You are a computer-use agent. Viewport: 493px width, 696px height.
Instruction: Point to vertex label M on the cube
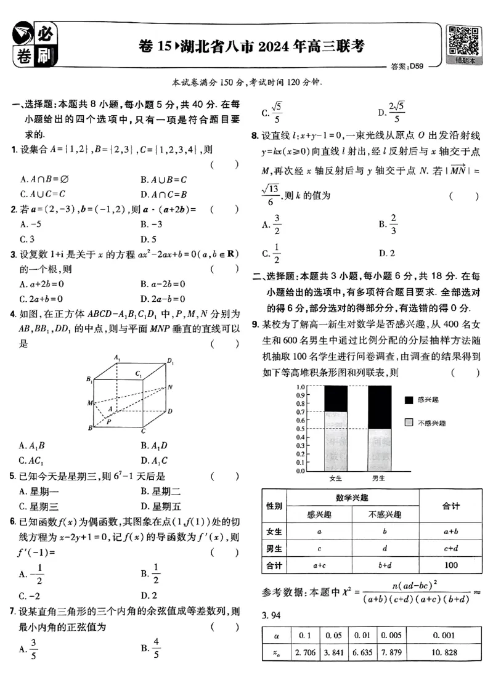pos(89,403)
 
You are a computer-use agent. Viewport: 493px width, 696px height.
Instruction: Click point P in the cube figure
pos(108,423)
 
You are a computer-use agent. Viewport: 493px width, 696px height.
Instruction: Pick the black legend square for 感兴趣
pos(409,400)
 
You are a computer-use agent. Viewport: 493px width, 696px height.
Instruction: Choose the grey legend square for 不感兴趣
pos(409,423)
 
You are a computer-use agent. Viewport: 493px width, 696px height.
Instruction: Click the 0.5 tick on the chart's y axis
pos(301,429)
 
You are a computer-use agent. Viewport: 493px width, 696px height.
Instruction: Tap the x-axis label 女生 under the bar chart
pos(336,478)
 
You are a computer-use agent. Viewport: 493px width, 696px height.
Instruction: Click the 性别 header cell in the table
pos(274,506)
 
